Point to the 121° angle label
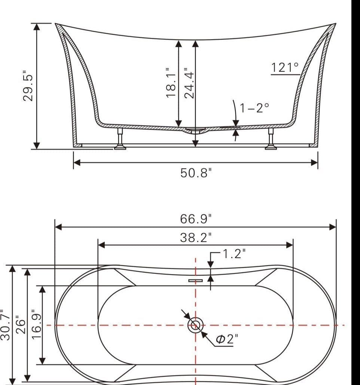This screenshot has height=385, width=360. (285, 68)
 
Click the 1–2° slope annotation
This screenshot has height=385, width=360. (254, 108)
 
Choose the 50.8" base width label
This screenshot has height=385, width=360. (196, 173)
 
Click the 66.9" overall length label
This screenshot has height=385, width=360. (196, 219)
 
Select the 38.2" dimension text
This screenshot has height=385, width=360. (196, 238)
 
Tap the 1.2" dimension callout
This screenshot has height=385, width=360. (234, 254)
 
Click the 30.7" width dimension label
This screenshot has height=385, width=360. (4, 325)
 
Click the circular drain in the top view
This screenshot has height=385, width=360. (195, 325)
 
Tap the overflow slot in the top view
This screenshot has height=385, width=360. (195, 280)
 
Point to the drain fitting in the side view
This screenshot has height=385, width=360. (195, 131)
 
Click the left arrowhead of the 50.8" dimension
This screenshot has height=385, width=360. (76, 162)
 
